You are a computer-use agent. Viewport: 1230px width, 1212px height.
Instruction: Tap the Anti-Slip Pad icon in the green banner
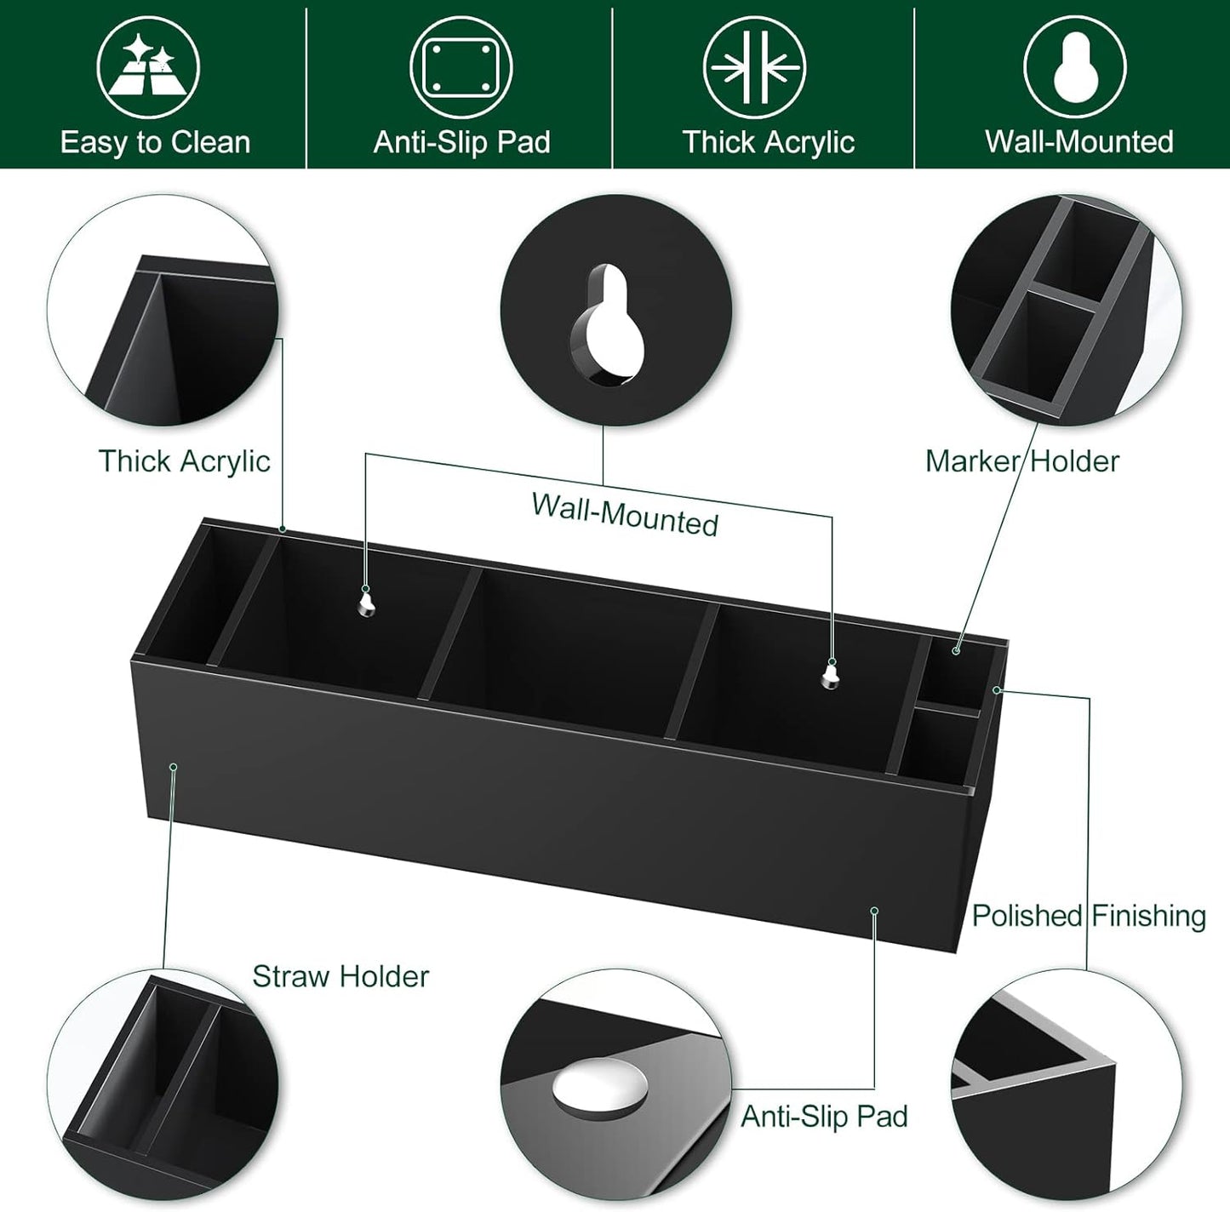point(461,68)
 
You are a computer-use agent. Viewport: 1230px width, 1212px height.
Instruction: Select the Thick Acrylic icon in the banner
point(754,68)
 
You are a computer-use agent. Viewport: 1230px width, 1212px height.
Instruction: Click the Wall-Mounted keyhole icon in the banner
point(1075,68)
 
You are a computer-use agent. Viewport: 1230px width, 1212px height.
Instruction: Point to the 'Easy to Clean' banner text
point(156,142)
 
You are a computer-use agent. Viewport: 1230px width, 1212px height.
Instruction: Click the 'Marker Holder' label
point(1021,461)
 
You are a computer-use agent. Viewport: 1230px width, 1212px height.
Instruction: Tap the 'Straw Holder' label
point(340,976)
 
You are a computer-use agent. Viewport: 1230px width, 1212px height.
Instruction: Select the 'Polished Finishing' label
point(1089,916)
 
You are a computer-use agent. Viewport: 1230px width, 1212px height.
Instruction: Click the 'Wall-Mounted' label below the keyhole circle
point(625,514)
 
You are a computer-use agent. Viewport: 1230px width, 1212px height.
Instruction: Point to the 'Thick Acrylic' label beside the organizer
point(184,461)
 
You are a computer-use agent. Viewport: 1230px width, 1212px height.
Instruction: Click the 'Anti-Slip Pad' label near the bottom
point(824,1116)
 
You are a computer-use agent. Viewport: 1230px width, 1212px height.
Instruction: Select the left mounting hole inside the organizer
point(366,603)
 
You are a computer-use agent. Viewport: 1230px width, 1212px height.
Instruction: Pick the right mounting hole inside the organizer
point(831,676)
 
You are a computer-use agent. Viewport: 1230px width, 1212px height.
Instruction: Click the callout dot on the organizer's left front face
point(174,767)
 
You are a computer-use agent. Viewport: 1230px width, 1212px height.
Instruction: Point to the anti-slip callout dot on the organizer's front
point(874,911)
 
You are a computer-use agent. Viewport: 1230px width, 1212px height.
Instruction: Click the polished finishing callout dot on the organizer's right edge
point(998,689)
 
